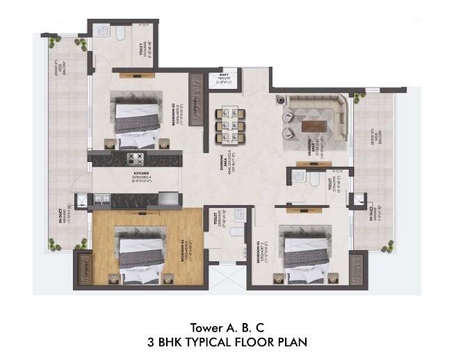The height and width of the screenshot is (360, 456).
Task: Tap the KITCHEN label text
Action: pyautogui.click(x=141, y=174)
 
